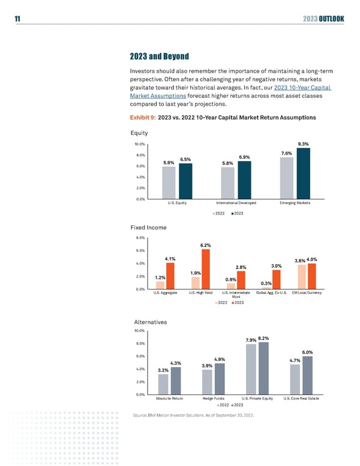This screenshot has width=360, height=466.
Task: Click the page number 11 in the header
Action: click(10, 19)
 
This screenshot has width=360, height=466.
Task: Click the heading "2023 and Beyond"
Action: click(160, 56)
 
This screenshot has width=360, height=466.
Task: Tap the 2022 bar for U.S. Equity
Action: click(169, 183)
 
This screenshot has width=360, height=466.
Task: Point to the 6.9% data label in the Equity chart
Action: click(244, 157)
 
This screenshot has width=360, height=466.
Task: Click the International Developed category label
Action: click(236, 204)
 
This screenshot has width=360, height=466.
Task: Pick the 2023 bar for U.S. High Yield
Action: click(205, 269)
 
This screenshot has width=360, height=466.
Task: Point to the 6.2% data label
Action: click(205, 245)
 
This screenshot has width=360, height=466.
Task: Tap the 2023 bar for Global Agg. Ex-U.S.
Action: click(277, 279)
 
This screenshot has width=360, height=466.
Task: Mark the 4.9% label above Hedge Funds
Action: click(219, 360)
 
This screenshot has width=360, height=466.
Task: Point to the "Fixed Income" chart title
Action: click(147, 228)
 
